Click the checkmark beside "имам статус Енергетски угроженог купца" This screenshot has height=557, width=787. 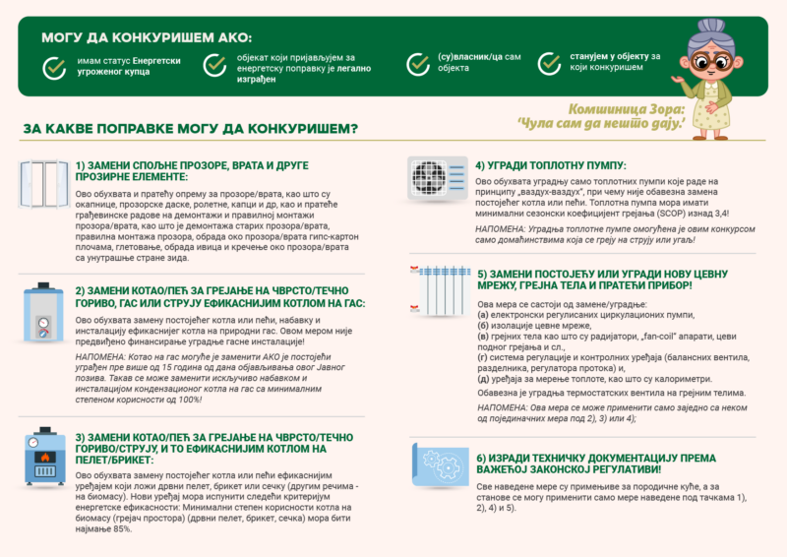55,66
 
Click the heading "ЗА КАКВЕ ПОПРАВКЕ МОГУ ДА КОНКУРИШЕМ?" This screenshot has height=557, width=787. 190,129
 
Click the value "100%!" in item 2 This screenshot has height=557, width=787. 181,401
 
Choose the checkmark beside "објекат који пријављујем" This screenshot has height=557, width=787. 213,65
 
